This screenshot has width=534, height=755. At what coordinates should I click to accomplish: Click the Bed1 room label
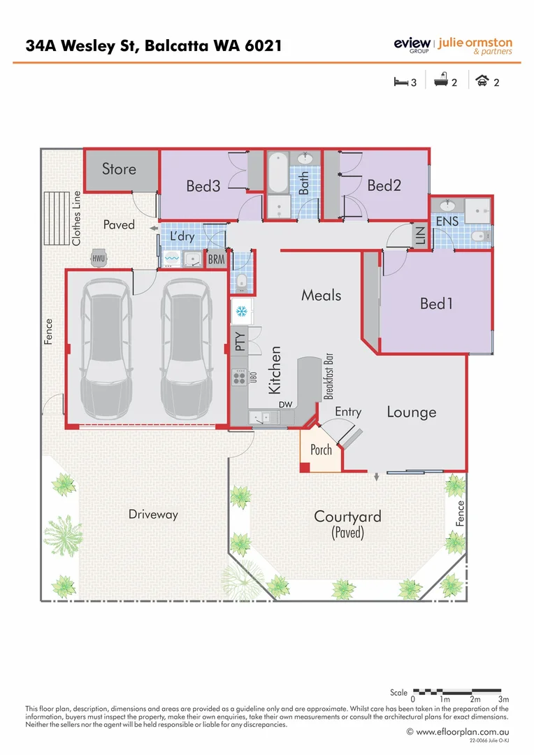(436, 304)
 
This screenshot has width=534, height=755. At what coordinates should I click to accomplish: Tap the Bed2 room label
(384, 185)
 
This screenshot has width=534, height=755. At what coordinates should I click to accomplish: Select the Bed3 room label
(203, 186)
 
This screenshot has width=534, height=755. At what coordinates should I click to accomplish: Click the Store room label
(119, 168)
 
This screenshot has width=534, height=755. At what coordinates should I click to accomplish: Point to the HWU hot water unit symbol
(99, 258)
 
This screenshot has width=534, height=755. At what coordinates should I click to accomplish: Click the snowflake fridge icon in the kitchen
(241, 310)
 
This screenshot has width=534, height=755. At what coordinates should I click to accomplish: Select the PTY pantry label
(240, 342)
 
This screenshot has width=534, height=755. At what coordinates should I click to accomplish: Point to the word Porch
(321, 450)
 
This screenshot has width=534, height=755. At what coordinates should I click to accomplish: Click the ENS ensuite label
(447, 222)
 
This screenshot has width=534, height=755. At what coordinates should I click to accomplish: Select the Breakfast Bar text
(327, 376)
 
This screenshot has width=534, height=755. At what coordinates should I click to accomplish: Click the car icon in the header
(482, 82)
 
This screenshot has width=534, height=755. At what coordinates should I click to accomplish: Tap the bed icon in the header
(400, 82)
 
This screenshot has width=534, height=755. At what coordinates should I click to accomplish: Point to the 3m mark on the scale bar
(503, 699)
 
